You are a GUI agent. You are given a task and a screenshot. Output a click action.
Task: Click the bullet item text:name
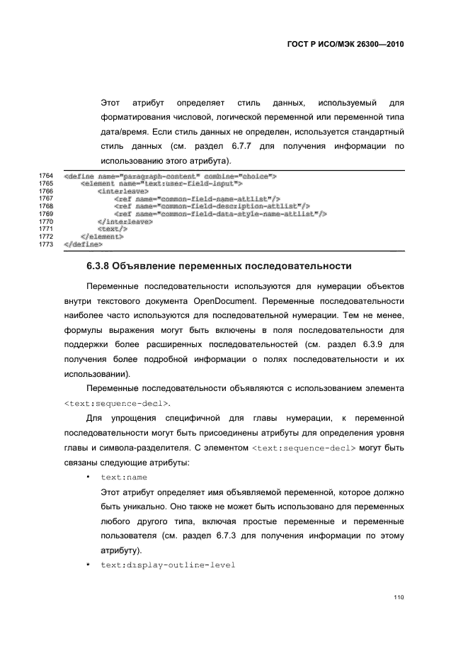click(124, 477)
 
